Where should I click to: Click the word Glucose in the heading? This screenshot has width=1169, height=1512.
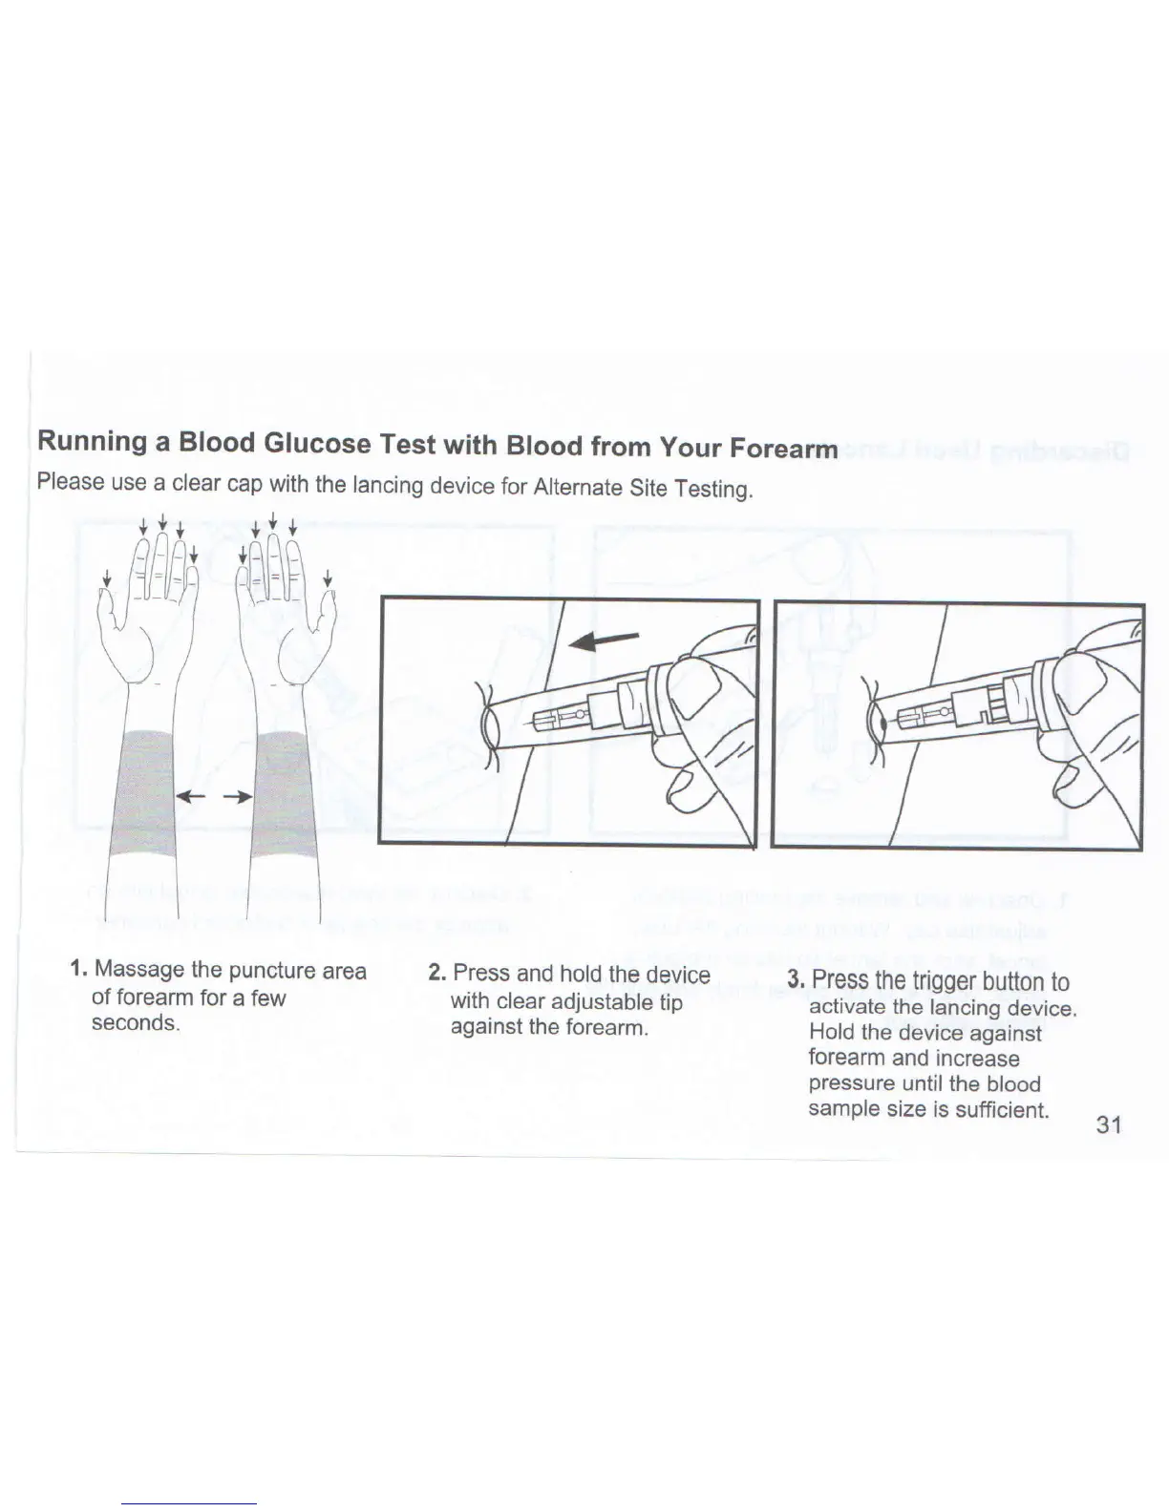(x=314, y=445)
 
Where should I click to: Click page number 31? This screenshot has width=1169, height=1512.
(x=1108, y=1124)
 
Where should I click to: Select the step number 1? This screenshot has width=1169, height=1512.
(x=78, y=970)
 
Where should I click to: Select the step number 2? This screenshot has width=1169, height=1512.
(x=436, y=973)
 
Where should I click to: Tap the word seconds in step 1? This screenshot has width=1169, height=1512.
(x=135, y=1023)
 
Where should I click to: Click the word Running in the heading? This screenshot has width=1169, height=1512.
(x=91, y=443)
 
